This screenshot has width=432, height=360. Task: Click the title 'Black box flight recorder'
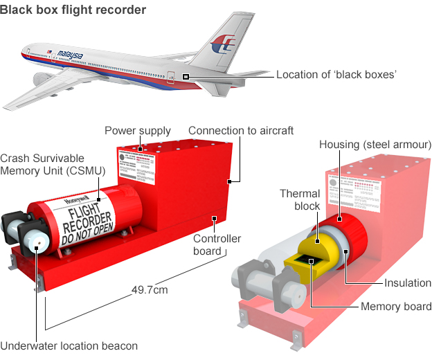coord(73,10)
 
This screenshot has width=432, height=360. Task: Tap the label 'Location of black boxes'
coord(336,75)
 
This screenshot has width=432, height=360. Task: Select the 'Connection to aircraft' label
coord(241,131)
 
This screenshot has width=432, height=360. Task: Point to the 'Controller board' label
coord(217,244)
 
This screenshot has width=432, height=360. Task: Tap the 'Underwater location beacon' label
coord(69,346)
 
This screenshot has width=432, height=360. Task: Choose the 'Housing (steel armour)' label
coord(375,145)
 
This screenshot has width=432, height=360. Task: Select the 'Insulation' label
coord(408,283)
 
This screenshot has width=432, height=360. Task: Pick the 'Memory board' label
coord(396,307)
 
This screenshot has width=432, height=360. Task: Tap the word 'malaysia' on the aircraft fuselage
coord(71,55)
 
